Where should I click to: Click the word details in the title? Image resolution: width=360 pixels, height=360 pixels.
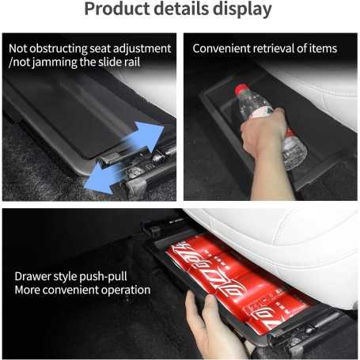180,10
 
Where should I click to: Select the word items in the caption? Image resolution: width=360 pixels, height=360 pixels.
324,48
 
